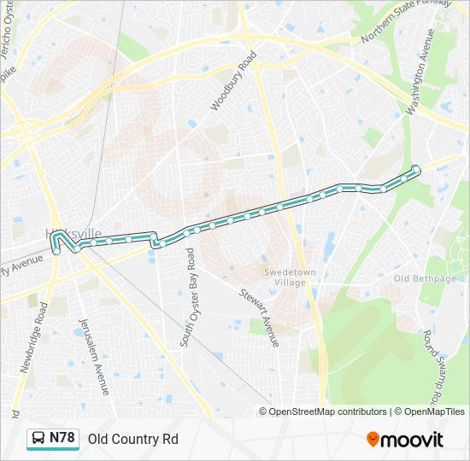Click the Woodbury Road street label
point(233,82)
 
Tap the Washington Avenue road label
point(420,72)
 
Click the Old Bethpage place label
point(424,278)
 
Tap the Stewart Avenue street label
point(259,317)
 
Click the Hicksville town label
point(73,233)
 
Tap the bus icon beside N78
point(38,439)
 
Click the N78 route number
point(62,438)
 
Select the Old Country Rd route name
point(132,439)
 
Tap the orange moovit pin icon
point(373,439)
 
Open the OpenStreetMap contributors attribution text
point(328,411)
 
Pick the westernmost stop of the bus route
point(56,251)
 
